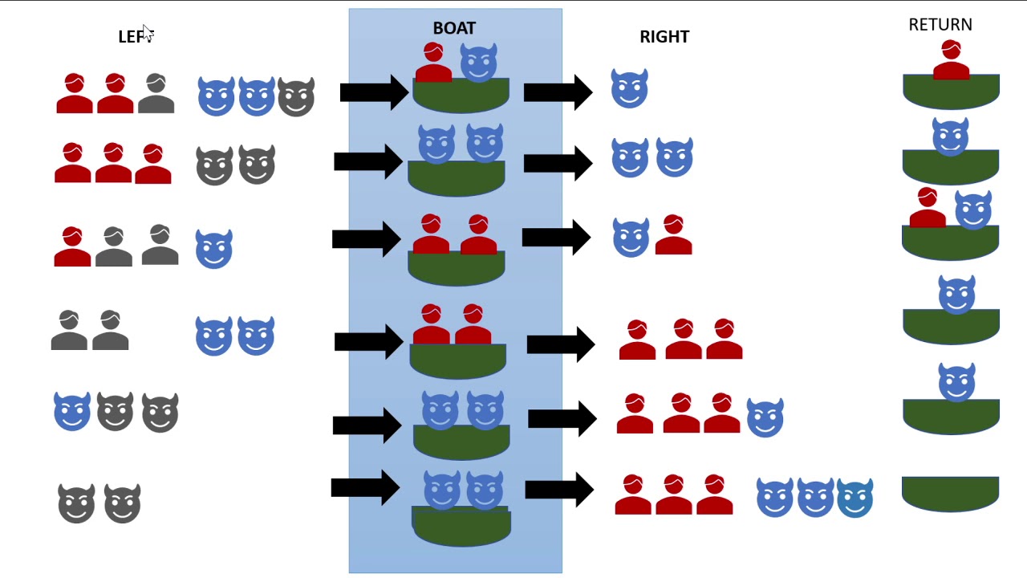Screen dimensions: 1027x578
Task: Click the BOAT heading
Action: [x=454, y=28]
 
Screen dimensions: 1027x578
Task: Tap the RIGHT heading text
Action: [x=664, y=37]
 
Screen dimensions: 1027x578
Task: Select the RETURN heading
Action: [x=940, y=25]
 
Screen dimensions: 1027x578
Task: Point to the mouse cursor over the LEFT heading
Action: [x=148, y=34]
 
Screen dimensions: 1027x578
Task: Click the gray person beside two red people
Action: [x=156, y=93]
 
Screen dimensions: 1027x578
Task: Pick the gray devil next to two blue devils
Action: [x=296, y=97]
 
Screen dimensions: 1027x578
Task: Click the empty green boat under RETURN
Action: [x=950, y=494]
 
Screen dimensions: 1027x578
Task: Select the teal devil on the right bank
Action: [x=854, y=499]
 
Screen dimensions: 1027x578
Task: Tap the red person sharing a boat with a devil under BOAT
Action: [x=433, y=63]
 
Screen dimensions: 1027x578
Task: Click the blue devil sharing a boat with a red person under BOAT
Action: [x=478, y=63]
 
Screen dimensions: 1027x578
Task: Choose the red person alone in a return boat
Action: [x=952, y=60]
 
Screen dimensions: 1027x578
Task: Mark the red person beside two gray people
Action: [x=72, y=246]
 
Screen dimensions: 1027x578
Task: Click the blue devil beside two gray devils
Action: [x=72, y=412]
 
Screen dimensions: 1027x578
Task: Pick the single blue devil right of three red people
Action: [x=765, y=417]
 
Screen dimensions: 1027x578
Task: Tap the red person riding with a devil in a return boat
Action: [x=928, y=207]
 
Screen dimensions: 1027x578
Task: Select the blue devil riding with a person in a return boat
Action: [x=973, y=210]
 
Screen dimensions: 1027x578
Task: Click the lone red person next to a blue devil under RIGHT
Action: [x=673, y=234]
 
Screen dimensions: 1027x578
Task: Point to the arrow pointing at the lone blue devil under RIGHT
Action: [x=558, y=92]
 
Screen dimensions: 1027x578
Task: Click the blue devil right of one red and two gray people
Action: [x=213, y=249]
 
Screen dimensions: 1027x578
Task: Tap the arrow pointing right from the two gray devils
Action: [x=365, y=487]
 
